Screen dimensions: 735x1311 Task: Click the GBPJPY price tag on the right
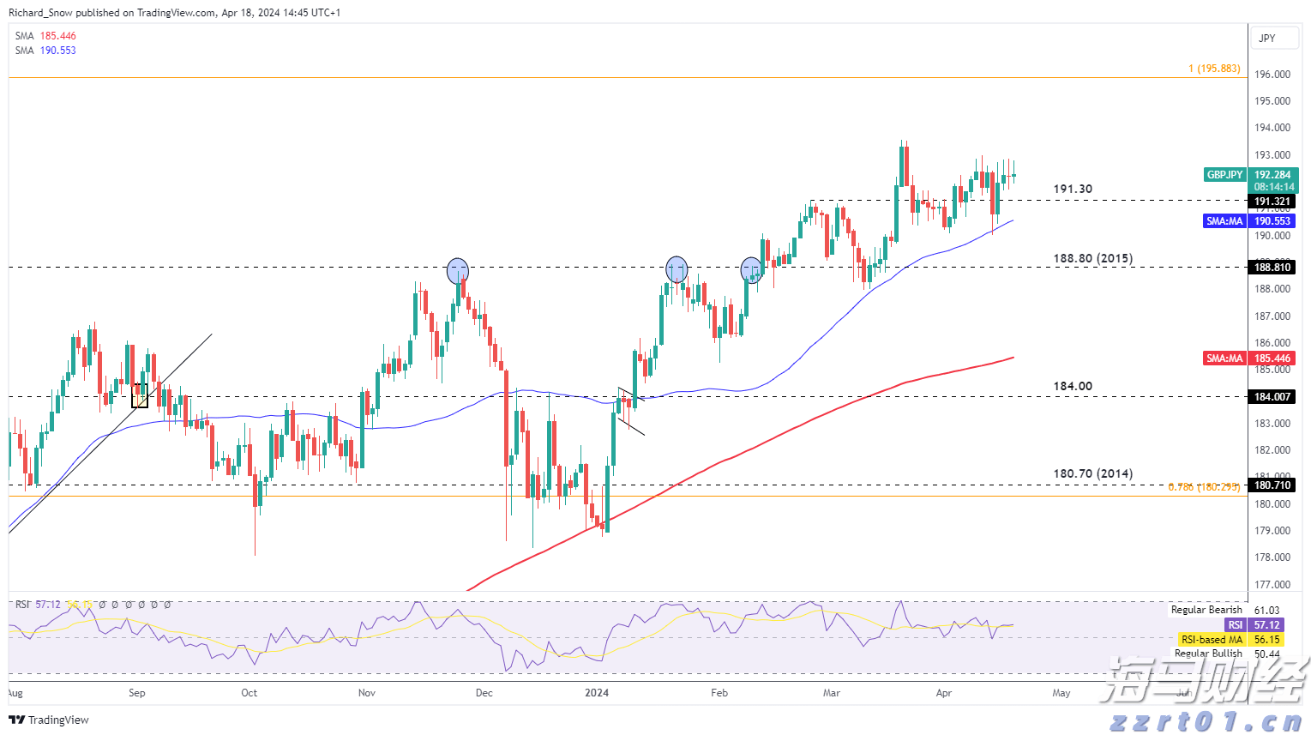pos(1224,175)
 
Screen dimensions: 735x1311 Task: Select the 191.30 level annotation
pos(1073,189)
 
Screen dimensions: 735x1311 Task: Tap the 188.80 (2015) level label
pos(1092,258)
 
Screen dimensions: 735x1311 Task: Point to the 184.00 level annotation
pos(1073,386)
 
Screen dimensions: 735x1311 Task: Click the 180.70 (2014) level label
pos(1092,473)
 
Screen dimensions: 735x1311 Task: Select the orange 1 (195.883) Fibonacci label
pos(1213,69)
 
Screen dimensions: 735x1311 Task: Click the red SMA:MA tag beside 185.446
pos(1224,358)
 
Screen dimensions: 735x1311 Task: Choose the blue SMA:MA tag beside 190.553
pos(1224,221)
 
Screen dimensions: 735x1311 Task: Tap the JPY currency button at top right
pos(1266,39)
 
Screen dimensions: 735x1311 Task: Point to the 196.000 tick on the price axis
pos(1272,75)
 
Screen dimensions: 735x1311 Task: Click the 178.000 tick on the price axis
pos(1272,557)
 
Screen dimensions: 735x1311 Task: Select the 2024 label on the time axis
pos(596,693)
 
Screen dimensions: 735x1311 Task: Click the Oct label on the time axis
pos(250,693)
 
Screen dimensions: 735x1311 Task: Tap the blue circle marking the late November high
pos(458,271)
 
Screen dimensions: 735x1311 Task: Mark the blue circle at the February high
pos(751,271)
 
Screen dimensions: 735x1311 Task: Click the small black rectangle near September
pos(140,395)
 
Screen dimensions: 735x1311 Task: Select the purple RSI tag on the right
pos(1235,625)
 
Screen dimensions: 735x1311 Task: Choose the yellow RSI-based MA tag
pos(1211,640)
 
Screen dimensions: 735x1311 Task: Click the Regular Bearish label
pos(1206,610)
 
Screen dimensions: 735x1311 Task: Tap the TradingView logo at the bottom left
pos(49,720)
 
